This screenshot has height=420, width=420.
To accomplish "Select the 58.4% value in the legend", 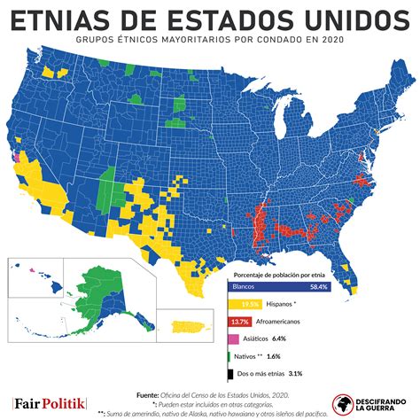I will pyautogui.click(x=317, y=287).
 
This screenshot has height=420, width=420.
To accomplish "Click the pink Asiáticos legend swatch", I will pyautogui.click(x=235, y=338).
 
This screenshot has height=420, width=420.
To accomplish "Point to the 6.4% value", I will pyautogui.click(x=279, y=338).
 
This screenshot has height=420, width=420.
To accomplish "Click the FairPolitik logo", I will pyautogui.click(x=50, y=403).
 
